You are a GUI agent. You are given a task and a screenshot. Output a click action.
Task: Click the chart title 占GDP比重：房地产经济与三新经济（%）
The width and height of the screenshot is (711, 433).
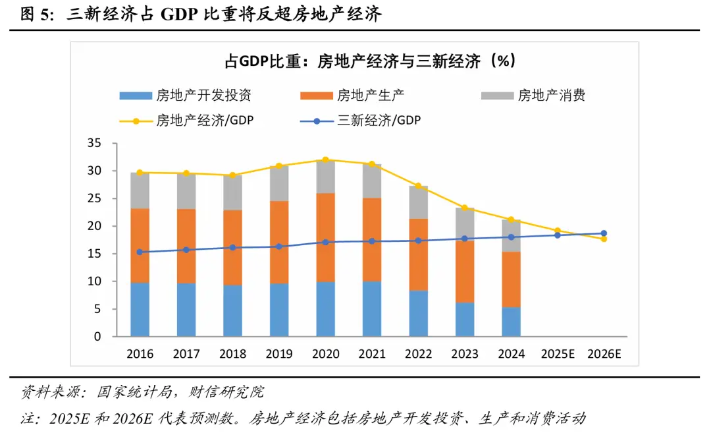369,61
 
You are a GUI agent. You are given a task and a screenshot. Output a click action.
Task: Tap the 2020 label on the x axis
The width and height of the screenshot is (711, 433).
325,354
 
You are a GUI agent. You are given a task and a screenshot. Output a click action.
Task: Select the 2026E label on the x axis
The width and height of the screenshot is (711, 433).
604,354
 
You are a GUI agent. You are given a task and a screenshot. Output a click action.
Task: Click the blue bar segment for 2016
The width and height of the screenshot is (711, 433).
140,310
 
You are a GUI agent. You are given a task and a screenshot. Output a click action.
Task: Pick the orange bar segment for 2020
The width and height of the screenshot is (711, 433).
325,237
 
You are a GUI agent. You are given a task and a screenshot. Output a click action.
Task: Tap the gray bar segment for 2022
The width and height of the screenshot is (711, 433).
418,202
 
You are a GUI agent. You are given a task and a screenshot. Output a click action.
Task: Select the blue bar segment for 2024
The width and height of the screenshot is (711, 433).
511,322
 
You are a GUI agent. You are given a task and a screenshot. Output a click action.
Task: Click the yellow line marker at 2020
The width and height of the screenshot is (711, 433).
325,159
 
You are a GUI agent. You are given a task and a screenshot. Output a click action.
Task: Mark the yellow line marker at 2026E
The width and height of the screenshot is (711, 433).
604,239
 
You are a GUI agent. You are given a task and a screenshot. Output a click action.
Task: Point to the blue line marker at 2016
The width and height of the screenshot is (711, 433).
140,252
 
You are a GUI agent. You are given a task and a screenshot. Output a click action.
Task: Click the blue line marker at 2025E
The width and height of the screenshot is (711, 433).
557,235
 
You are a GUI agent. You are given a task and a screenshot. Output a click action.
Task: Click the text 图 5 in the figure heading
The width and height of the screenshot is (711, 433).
37,15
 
